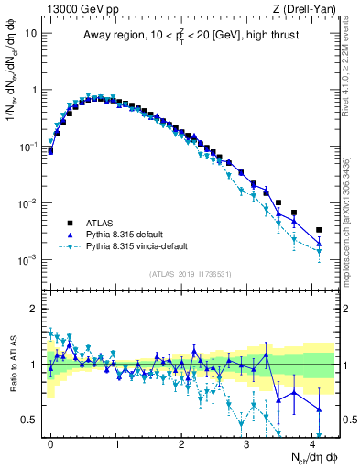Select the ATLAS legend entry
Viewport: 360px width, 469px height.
[x=103, y=222]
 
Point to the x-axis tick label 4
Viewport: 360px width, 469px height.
[x=312, y=442]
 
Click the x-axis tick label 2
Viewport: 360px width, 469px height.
[x=181, y=442]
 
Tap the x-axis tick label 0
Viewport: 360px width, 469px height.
[x=50, y=442]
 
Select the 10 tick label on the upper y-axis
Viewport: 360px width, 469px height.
[x=31, y=33]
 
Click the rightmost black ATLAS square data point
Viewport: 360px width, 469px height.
[x=319, y=230]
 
